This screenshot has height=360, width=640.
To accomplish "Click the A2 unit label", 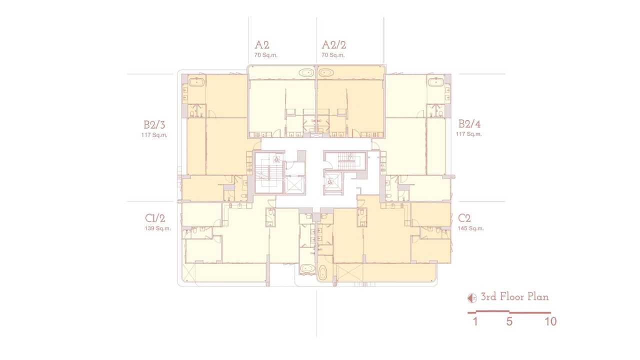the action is click(261, 45).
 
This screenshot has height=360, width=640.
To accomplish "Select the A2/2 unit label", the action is click(333, 45).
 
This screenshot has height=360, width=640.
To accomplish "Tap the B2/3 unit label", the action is click(154, 125).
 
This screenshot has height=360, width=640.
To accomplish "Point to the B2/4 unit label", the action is click(469, 124).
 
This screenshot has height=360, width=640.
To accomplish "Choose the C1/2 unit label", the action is click(155, 218).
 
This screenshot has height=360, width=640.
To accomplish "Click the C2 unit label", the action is click(464, 218).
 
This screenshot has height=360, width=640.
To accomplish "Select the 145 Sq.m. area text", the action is click(471, 228).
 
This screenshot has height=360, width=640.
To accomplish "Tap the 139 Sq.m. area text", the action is click(157, 228).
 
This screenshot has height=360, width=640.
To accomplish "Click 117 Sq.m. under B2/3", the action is click(154, 135).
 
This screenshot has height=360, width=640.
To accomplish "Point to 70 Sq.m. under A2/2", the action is click(333, 55).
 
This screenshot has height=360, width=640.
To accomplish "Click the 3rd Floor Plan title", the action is click(515, 297).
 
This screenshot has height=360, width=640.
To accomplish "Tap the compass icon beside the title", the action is click(472, 298).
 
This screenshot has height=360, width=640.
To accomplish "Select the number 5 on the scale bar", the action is click(509, 321).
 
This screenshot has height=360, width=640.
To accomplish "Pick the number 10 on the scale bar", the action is click(550, 321).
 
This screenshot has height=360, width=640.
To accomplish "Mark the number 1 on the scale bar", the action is click(475, 321).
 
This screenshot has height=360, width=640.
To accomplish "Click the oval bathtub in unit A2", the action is click(306, 73).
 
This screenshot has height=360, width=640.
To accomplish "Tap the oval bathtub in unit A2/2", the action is click(326, 73).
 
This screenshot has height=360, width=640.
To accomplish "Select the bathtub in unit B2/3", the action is click(196, 82).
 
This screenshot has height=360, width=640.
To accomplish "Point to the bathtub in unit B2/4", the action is click(436, 82).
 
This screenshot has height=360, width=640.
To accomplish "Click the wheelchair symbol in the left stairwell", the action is click(276, 159).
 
